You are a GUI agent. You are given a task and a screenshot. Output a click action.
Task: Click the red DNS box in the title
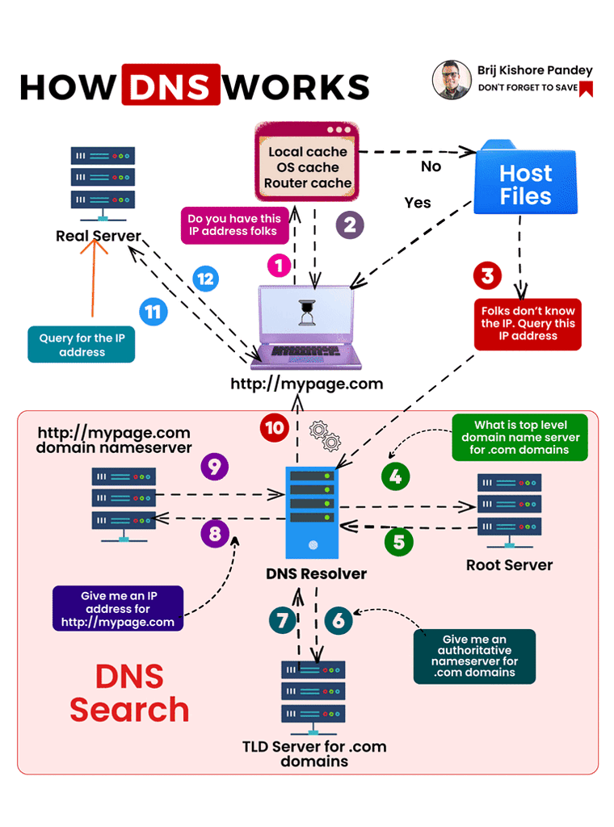tap(170, 85)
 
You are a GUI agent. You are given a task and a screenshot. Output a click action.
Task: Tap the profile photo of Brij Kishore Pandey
tap(452, 79)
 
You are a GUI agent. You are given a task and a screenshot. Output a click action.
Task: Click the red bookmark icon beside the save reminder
tap(587, 88)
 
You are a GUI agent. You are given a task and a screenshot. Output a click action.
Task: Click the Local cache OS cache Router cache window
tap(308, 162)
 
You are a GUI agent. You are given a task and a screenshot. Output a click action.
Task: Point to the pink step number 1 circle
tap(279, 264)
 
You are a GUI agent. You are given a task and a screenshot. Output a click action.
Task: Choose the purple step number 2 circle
tap(349, 224)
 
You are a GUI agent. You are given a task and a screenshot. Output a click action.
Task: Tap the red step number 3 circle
tap(487, 275)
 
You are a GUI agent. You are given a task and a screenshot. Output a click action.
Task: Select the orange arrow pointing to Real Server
tap(95, 275)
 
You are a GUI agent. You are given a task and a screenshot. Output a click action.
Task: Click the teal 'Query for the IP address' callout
tap(82, 345)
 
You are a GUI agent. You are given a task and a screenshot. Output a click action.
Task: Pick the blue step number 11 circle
tap(153, 311)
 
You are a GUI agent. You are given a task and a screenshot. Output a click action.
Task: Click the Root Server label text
tap(509, 565)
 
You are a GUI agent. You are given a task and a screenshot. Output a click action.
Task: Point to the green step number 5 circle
tap(398, 542)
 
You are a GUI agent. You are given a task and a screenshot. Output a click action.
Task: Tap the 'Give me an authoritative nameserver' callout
tap(474, 656)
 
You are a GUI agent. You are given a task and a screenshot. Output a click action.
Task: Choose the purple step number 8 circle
tap(215, 534)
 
